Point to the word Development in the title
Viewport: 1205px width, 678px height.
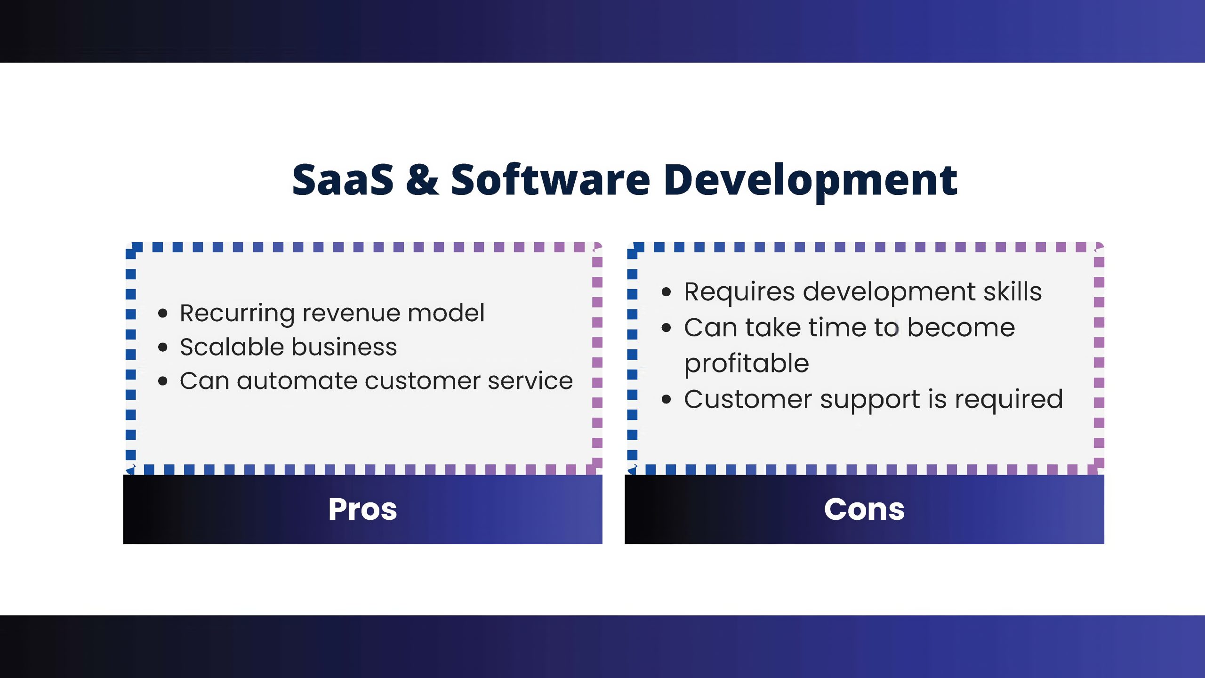tap(811, 182)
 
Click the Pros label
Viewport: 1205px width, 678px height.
tap(362, 509)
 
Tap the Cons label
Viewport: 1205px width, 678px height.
tap(864, 509)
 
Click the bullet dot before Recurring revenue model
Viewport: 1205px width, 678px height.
tap(163, 313)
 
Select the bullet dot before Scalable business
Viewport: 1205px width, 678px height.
tap(163, 347)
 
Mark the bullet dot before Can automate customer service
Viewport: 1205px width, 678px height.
tap(163, 381)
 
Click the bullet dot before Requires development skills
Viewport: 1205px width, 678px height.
tap(666, 292)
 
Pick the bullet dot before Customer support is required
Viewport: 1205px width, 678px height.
tap(666, 400)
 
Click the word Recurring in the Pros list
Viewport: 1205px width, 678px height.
tap(237, 314)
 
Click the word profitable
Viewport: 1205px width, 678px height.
tap(747, 364)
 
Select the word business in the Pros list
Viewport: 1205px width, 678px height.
tap(344, 347)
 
